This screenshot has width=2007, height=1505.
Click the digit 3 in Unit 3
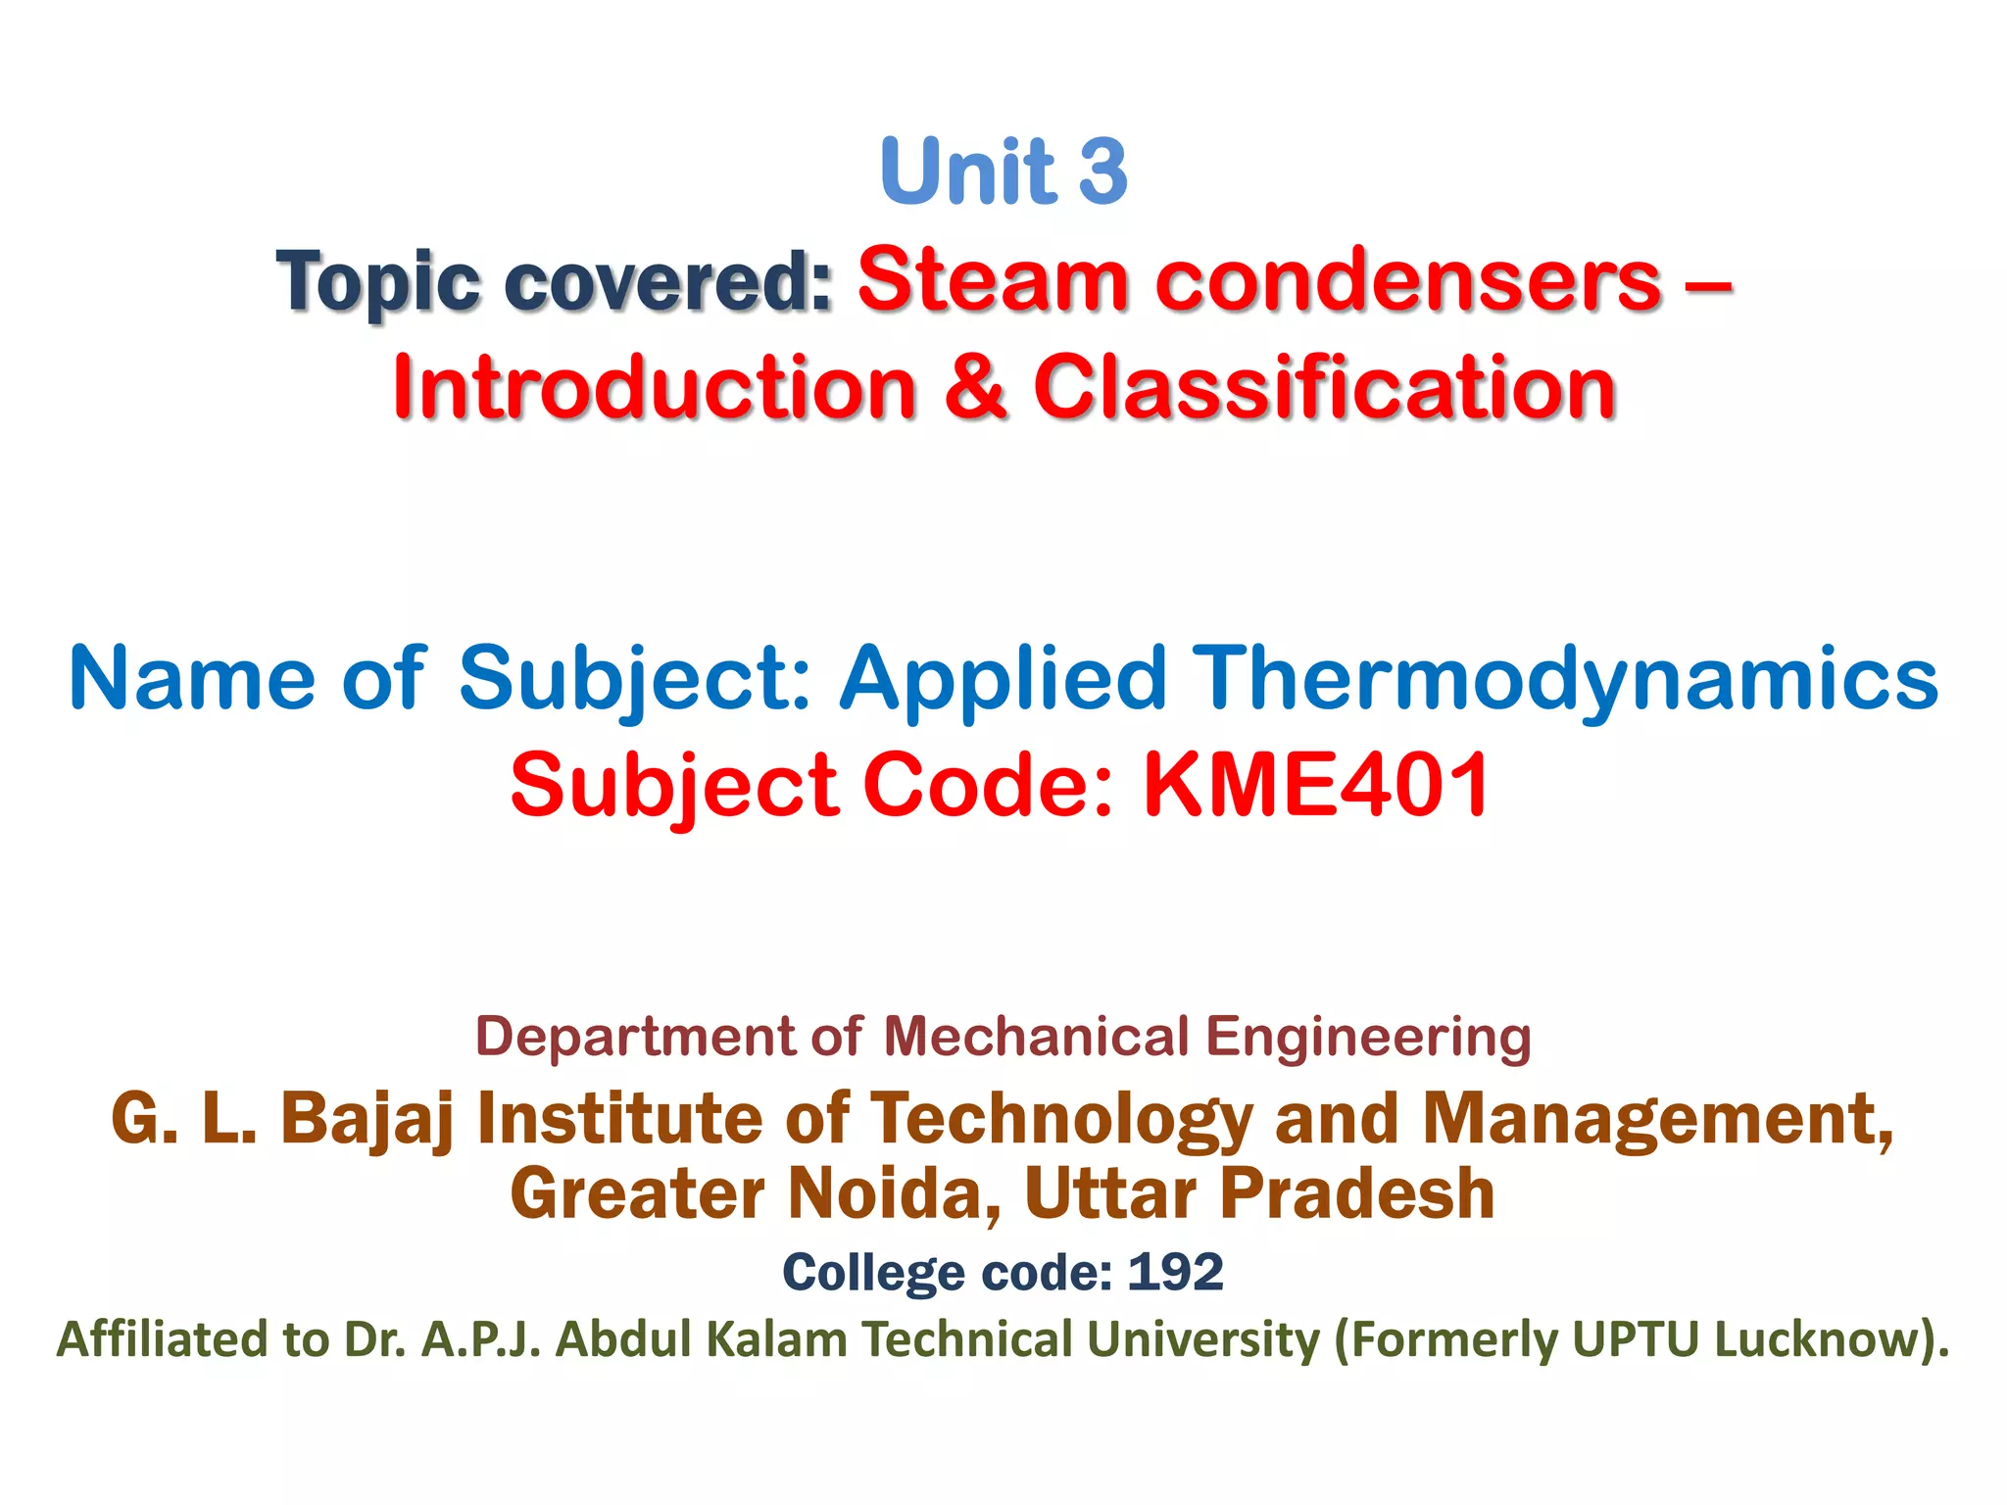1103,171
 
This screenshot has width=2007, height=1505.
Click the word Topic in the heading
377,282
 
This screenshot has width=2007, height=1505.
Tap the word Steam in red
993,280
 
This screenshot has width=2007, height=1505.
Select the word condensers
1408,280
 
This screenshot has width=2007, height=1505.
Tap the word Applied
1003,678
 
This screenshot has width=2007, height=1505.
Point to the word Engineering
1368,1037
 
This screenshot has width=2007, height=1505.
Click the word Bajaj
367,1119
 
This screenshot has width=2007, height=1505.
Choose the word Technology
1060,1119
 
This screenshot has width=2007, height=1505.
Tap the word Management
1656,1119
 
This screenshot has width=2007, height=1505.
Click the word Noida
894,1193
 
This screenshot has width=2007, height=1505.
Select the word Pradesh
1357,1193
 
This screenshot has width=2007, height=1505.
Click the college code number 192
1175,1273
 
